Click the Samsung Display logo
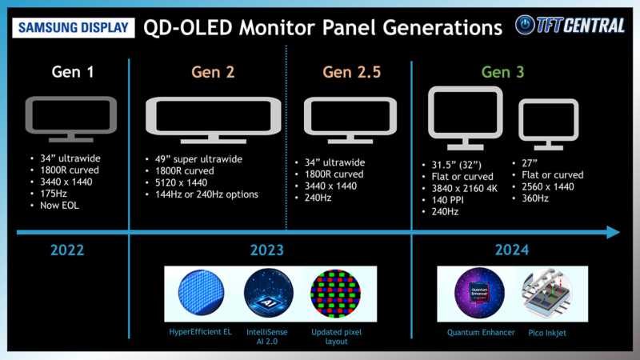tap(72, 26)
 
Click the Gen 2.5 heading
tap(352, 73)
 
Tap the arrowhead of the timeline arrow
tap(613, 232)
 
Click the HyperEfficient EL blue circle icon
tap(200, 294)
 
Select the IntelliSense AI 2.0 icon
tap(266, 294)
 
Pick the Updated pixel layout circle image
tap(332, 294)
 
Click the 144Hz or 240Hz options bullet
tap(210, 194)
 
